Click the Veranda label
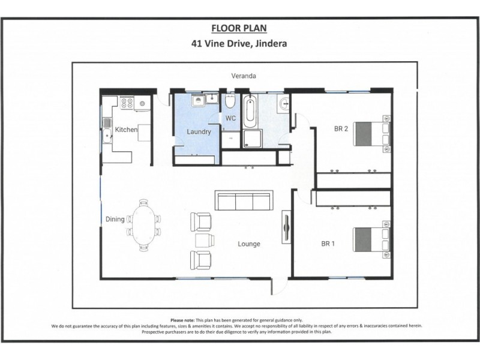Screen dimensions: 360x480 244,76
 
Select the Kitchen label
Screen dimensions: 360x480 126,130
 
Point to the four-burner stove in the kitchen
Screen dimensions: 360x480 127,103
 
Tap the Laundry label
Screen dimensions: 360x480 199,131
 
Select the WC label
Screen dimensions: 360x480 231,118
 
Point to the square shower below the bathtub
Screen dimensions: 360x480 251,140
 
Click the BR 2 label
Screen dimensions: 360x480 341,128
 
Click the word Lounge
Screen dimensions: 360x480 248,244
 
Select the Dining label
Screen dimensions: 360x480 115,220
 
